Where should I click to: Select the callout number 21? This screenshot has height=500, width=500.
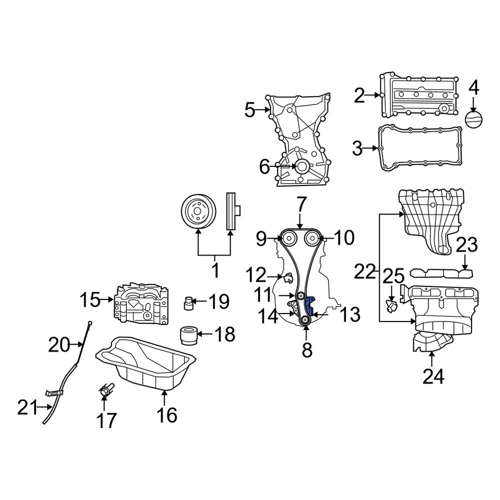tap(27, 408)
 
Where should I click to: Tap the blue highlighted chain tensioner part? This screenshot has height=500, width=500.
tap(309, 305)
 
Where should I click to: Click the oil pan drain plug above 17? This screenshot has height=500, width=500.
tap(106, 389)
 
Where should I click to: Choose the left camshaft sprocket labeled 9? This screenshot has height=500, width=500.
tap(287, 238)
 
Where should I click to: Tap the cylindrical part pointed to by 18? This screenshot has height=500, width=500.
tap(188, 335)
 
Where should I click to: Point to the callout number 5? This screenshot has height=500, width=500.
tap(250, 110)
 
